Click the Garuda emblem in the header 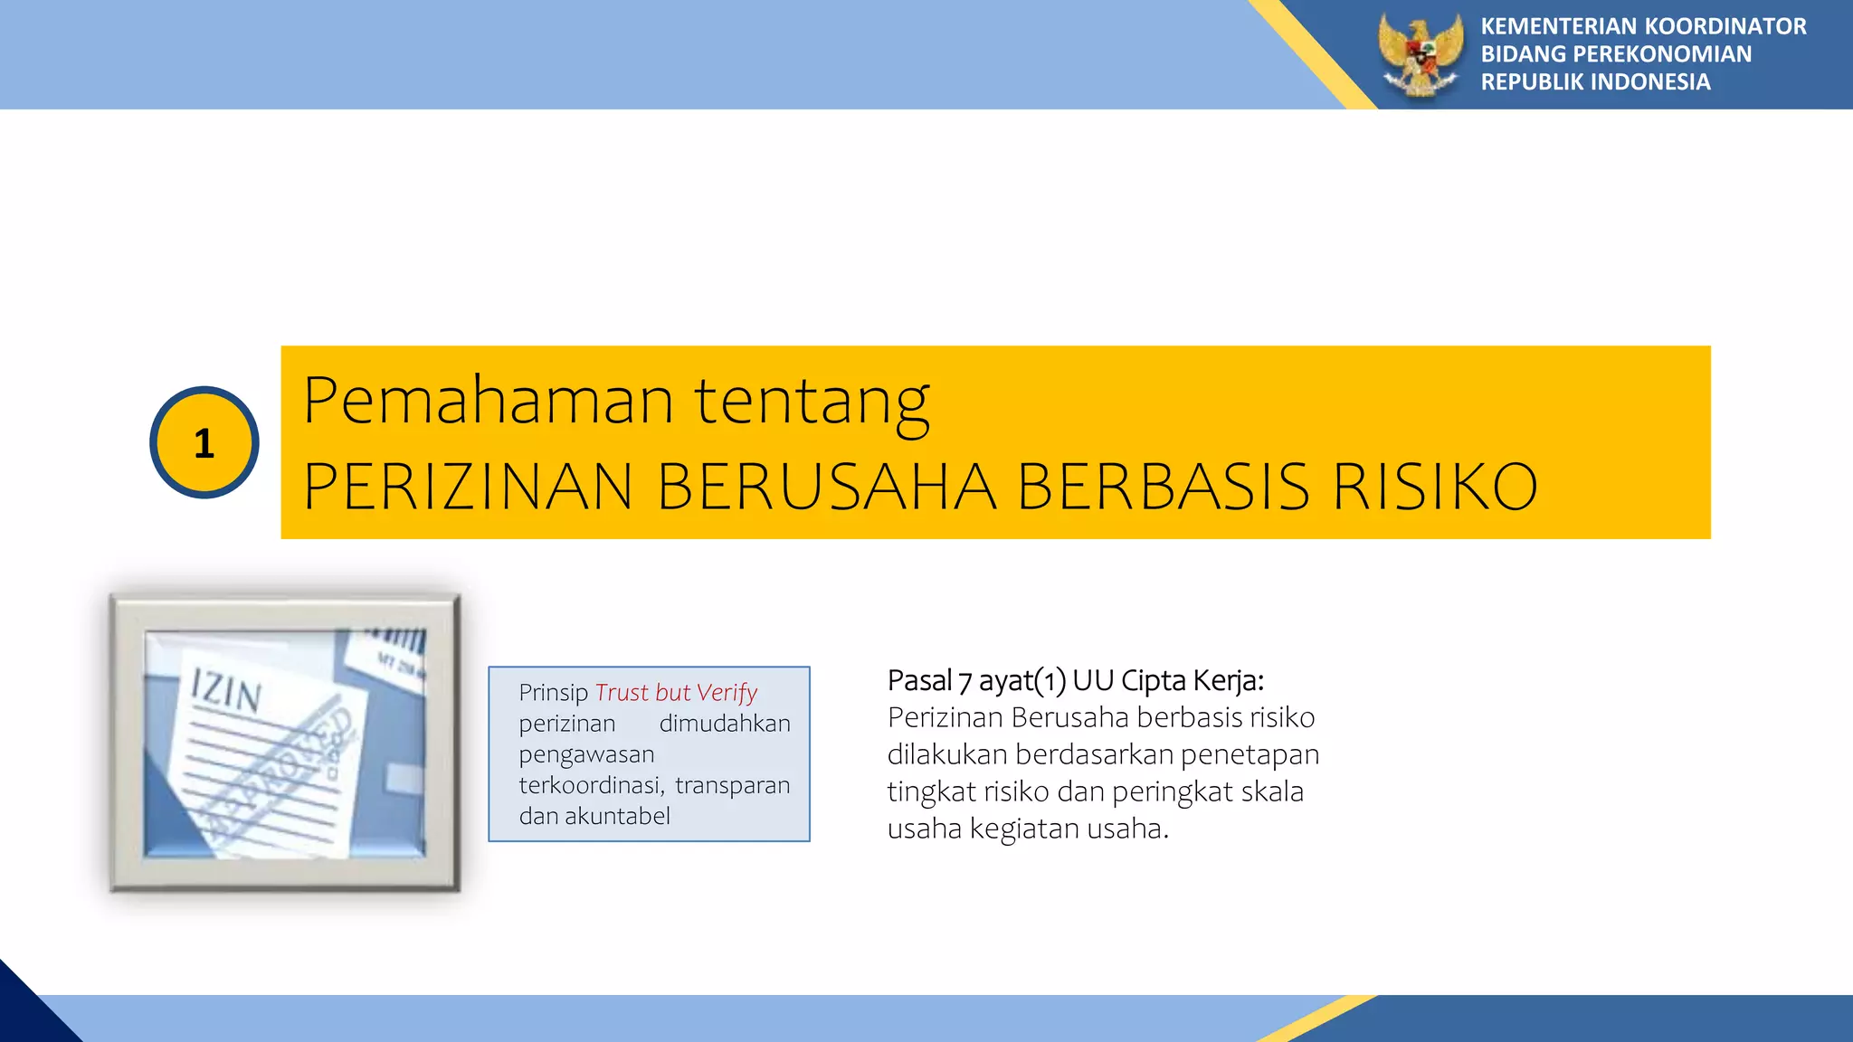(1420, 54)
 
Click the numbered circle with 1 (204, 442)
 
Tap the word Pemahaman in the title (489, 400)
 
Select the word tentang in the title (812, 402)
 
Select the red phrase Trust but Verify (676, 693)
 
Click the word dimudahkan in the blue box (725, 724)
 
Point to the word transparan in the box (732, 785)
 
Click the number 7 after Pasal (965, 680)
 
